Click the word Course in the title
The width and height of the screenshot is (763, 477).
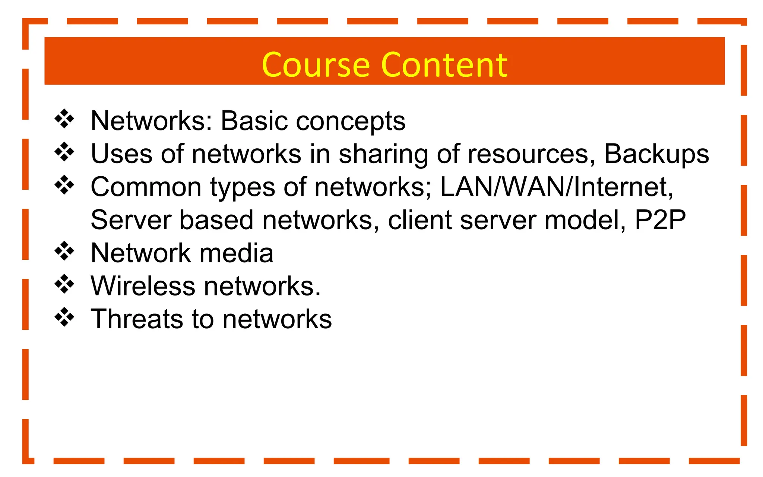pyautogui.click(x=316, y=65)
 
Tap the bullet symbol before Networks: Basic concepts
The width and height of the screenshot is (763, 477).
pyautogui.click(x=64, y=119)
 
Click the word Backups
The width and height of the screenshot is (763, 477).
pyautogui.click(x=656, y=154)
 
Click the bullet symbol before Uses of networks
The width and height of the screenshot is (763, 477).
pyautogui.click(x=64, y=152)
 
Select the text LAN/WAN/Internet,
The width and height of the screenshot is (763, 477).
pyautogui.click(x=557, y=187)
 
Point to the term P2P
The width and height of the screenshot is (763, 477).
pyautogui.click(x=660, y=220)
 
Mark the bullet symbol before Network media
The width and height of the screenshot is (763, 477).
pyautogui.click(x=64, y=251)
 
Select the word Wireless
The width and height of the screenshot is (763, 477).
pyautogui.click(x=143, y=286)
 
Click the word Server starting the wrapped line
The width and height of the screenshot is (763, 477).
pyautogui.click(x=131, y=220)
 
